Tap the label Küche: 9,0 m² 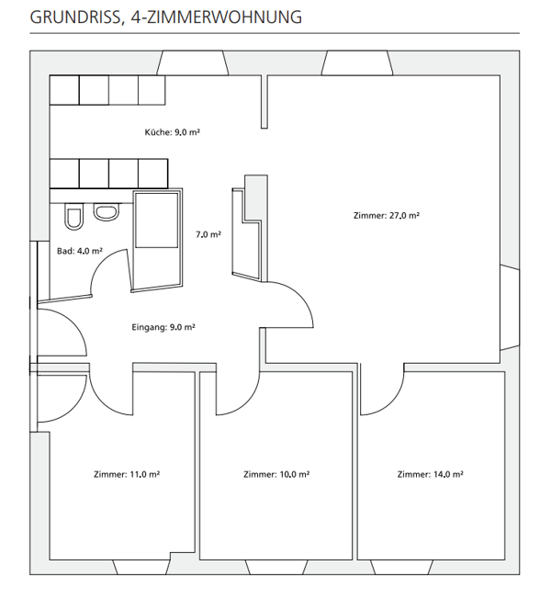pos(172,132)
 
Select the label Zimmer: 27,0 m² pos(386,216)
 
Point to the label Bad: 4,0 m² pos(79,251)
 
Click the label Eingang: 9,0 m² pos(163,326)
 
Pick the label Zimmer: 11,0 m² pos(127,475)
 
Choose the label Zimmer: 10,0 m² pos(276,475)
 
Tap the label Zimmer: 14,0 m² pos(430,475)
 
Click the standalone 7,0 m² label pos(208,235)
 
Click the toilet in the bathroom pos(73,217)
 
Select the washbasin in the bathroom pos(106,213)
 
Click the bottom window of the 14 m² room pos(432,566)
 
